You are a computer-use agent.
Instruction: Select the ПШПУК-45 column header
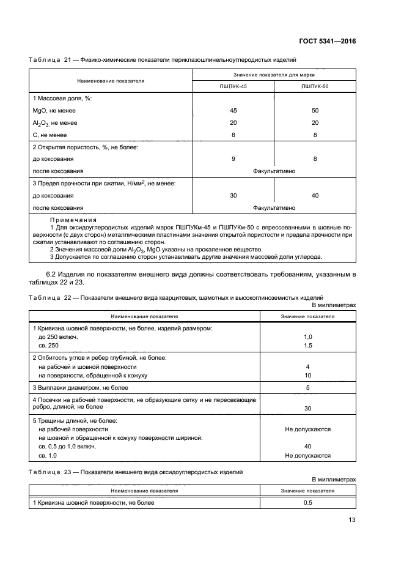tap(233, 87)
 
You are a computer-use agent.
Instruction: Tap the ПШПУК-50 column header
tap(315, 87)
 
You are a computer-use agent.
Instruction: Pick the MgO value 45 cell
tap(233, 111)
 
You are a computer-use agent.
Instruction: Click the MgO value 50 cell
tap(315, 111)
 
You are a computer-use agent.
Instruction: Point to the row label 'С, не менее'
tap(50, 135)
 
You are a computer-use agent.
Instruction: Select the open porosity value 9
tap(233, 159)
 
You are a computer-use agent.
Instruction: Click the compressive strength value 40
tap(315, 195)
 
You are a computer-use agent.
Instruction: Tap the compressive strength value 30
tap(233, 195)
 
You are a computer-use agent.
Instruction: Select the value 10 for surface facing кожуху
tap(308, 375)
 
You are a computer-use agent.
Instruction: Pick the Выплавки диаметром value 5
tap(308, 388)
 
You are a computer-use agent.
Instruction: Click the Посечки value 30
tap(308, 408)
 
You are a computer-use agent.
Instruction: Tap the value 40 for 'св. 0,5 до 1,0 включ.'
tap(308, 446)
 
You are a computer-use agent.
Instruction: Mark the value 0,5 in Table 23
tap(308, 502)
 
